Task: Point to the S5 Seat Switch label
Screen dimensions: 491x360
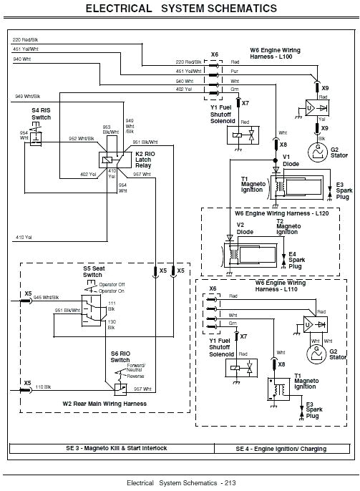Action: point(93,272)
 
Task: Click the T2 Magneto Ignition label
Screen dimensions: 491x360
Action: point(286,228)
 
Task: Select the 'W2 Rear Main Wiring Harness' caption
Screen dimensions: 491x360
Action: point(104,404)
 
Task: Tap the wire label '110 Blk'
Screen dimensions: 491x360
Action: point(44,386)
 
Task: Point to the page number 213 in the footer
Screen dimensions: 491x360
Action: point(228,482)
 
